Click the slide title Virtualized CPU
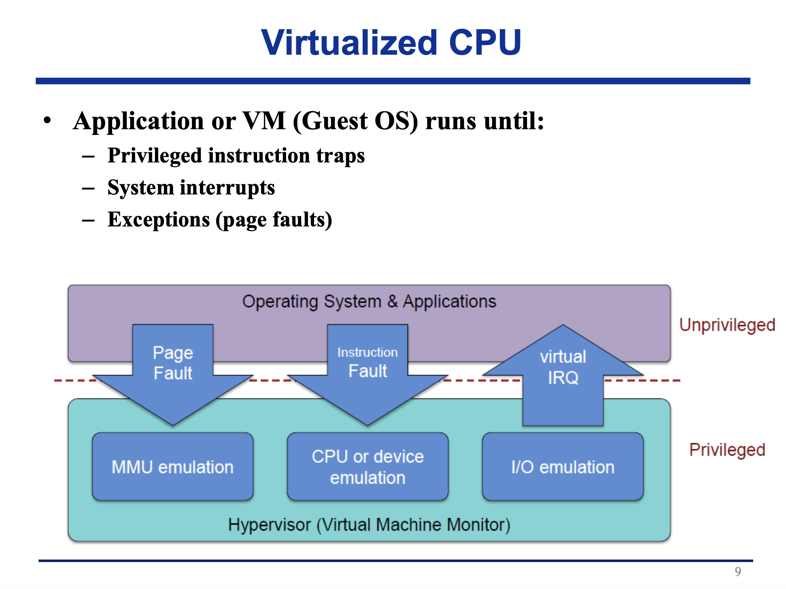point(391,43)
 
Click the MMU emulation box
point(172,467)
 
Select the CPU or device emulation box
point(368,467)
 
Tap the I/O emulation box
point(563,467)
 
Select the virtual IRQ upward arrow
point(563,373)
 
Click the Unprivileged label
point(727,325)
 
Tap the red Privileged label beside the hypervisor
point(727,450)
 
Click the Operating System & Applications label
point(369,301)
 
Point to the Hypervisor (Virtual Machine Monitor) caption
point(369,525)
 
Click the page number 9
point(738,571)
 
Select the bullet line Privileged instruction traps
point(236,156)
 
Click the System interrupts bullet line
point(191,188)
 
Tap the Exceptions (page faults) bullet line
point(220,220)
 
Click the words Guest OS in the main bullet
point(355,121)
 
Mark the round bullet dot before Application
point(47,120)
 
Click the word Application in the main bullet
point(138,121)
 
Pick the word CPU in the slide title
point(485,43)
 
